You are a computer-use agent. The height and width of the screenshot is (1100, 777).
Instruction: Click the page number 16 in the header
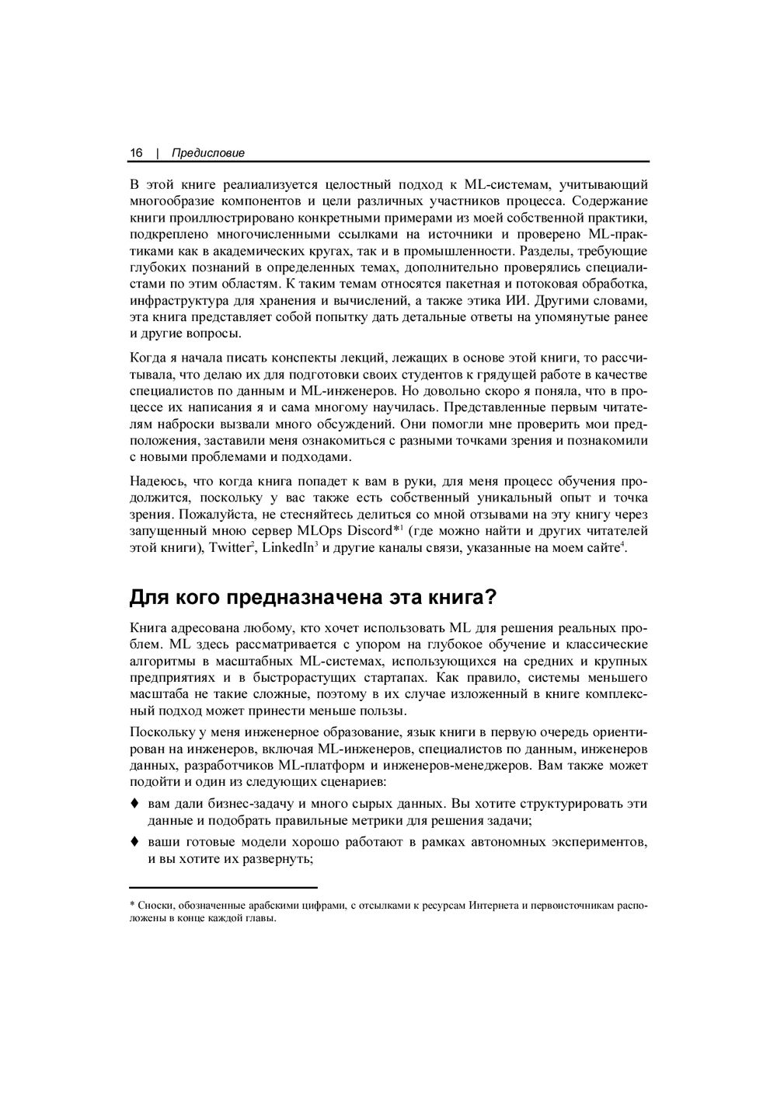[x=136, y=153]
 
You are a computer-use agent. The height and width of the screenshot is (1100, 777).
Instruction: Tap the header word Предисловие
[x=207, y=153]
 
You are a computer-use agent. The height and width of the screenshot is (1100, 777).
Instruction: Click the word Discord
[x=371, y=531]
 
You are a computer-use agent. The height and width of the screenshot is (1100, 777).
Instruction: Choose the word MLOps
[x=317, y=531]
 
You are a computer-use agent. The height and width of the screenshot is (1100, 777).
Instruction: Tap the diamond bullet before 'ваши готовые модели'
[x=134, y=841]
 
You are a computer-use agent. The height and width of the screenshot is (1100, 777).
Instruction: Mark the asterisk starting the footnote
[x=131, y=904]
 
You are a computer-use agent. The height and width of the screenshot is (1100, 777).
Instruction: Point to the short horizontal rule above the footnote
[x=223, y=887]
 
